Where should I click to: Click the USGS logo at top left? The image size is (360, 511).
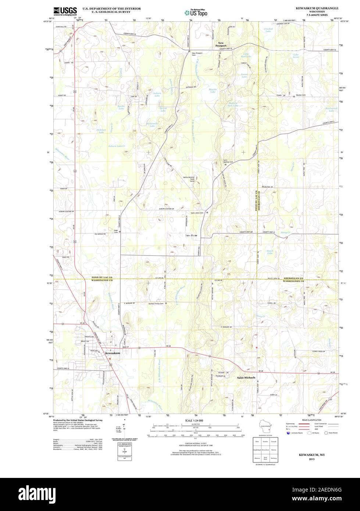coord(65,11)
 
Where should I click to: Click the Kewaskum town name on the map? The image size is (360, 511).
coord(113,353)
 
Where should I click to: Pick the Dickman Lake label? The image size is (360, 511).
coord(101,130)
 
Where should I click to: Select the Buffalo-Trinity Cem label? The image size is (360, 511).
coord(156,304)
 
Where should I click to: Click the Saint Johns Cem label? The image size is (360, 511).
coord(197,212)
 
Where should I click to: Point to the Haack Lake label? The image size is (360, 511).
coord(270,252)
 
